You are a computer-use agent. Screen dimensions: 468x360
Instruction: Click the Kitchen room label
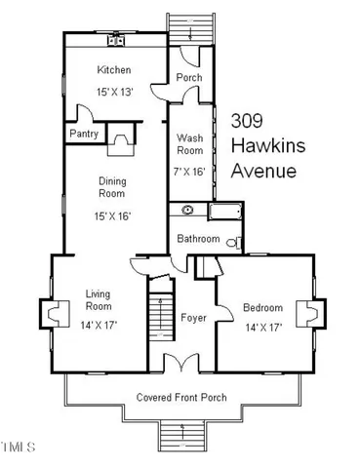point(114,70)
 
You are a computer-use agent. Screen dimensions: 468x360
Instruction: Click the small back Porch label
point(187,78)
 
